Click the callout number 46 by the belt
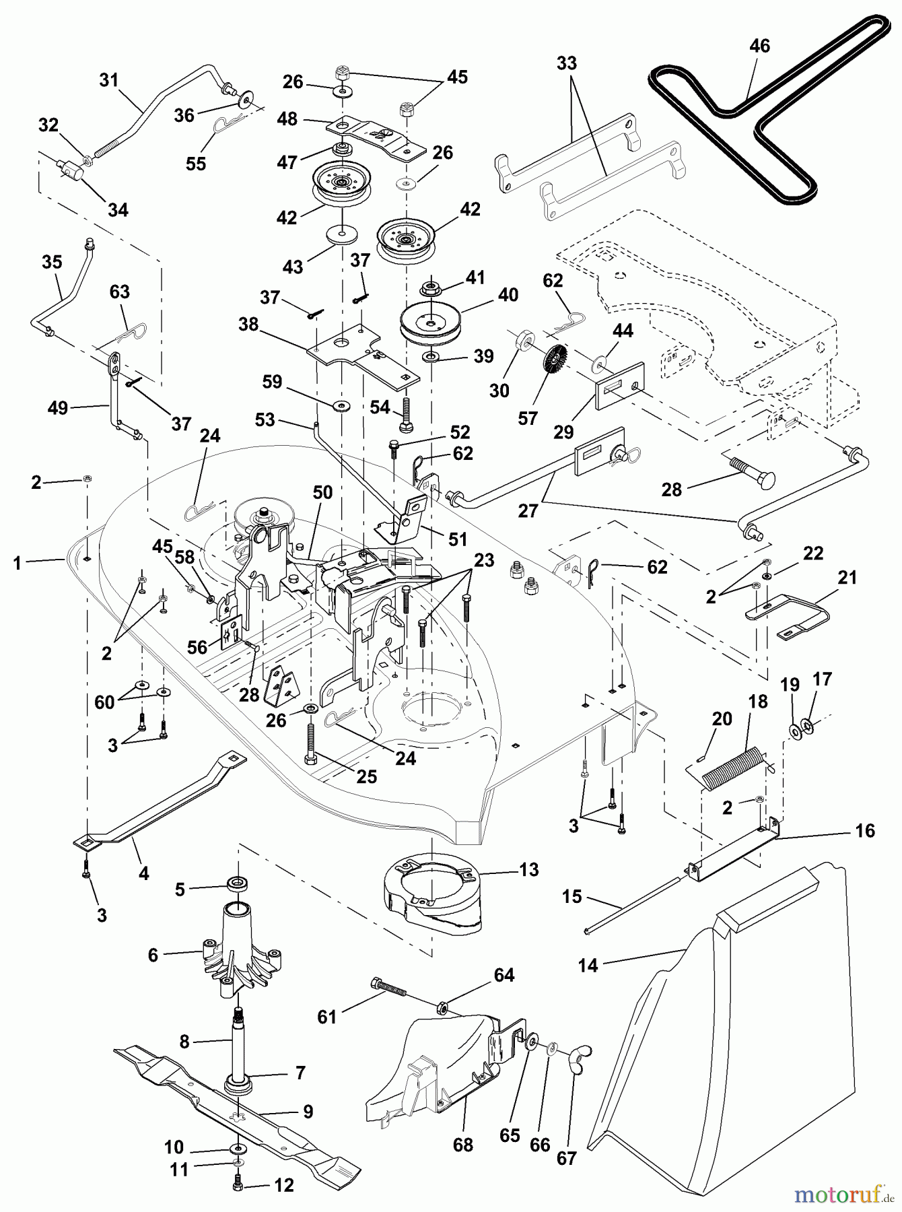pyautogui.click(x=759, y=46)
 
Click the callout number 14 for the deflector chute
pyautogui.click(x=588, y=966)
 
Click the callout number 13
pyautogui.click(x=529, y=870)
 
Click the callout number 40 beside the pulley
pyautogui.click(x=508, y=294)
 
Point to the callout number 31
pyautogui.click(x=108, y=80)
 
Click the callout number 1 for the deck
pyautogui.click(x=18, y=563)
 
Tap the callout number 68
pyautogui.click(x=463, y=1144)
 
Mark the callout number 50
pyautogui.click(x=322, y=492)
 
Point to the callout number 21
pyautogui.click(x=847, y=577)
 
